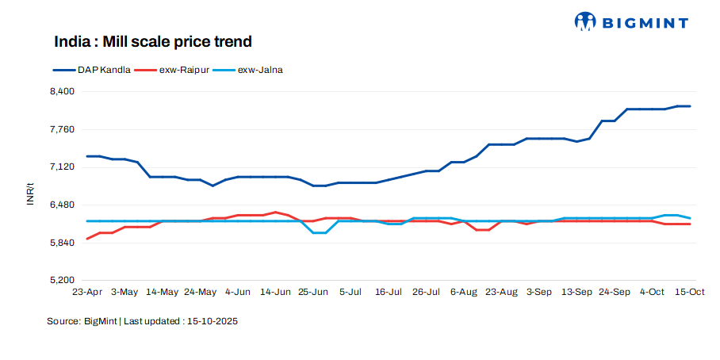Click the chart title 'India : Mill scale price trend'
pos(152,40)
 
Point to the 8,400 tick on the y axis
pos(61,91)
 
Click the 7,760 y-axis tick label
pos(61,129)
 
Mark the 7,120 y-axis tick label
pos(61,167)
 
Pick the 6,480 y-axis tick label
pos(61,205)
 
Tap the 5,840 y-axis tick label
pos(61,243)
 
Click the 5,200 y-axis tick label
pos(61,281)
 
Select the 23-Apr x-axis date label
pos(87,292)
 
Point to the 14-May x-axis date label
pos(163,292)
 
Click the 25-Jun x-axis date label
pos(313,292)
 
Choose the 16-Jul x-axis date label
pos(389,292)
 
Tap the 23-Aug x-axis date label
pos(502,292)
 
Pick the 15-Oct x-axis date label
pos(690,292)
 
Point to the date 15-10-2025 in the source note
pos(213,321)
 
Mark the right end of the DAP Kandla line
pos(690,106)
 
